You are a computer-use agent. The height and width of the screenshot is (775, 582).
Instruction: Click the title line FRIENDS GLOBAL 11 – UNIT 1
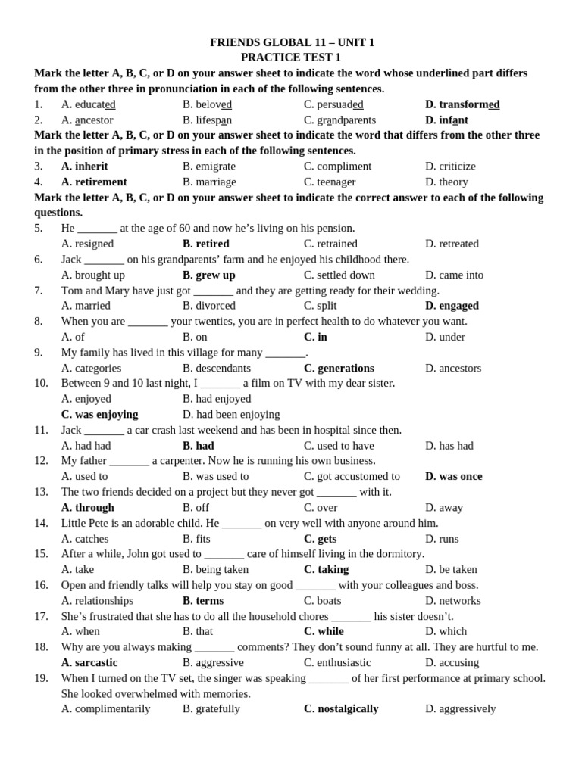(x=292, y=42)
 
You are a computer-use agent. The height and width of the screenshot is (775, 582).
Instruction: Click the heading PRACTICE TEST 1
(x=291, y=58)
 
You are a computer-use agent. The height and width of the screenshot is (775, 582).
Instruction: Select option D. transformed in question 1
(x=462, y=104)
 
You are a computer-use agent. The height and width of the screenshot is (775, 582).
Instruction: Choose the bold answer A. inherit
(x=84, y=166)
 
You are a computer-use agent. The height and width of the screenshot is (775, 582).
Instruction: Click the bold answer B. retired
(x=206, y=244)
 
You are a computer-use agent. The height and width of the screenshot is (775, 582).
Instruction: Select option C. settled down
(x=339, y=275)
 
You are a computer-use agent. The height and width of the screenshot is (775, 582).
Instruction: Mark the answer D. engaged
(x=452, y=306)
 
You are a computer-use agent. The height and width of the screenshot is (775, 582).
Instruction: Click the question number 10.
(x=41, y=383)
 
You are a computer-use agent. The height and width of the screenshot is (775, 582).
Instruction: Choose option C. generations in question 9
(x=339, y=368)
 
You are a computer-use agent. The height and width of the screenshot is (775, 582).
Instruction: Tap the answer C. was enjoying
(x=99, y=414)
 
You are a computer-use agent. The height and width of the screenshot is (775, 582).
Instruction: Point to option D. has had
(x=449, y=446)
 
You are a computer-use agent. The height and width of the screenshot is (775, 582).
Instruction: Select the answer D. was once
(x=453, y=476)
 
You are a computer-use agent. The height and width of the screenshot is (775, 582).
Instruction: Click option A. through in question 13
(x=87, y=507)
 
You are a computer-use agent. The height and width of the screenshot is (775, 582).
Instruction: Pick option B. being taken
(x=215, y=569)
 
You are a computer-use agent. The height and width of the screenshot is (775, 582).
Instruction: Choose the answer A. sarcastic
(x=89, y=662)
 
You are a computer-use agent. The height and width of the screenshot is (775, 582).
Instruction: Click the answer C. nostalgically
(x=341, y=708)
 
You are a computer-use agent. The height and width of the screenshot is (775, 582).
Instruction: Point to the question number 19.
(x=41, y=677)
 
